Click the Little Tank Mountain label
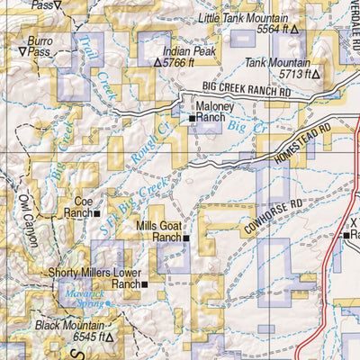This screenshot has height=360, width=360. (x=247, y=17)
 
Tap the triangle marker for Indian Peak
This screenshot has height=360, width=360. (x=158, y=64)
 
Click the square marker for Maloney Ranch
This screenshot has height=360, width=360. (x=192, y=118)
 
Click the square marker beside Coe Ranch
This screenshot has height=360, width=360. (x=97, y=214)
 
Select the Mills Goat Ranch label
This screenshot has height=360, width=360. (x=158, y=232)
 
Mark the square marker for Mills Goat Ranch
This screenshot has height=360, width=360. (x=186, y=238)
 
